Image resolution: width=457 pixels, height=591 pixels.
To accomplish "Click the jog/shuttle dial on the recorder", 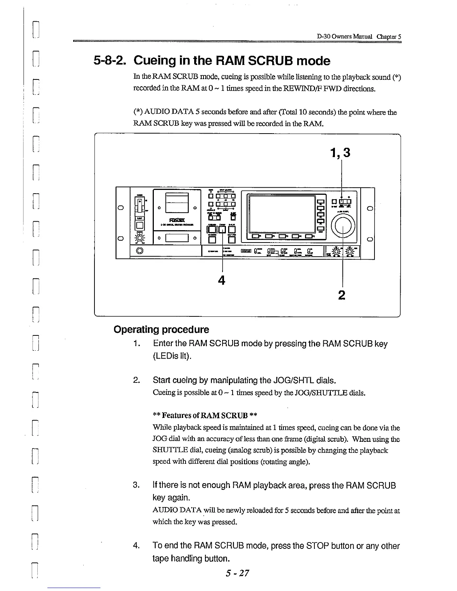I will (x=344, y=226).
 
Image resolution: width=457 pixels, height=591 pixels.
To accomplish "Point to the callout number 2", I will (x=341, y=295).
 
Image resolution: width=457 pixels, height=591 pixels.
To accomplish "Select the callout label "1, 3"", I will (x=340, y=153).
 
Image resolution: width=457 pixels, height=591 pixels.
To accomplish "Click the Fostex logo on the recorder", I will (x=175, y=220).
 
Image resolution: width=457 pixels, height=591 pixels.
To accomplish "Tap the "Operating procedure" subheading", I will (x=161, y=330).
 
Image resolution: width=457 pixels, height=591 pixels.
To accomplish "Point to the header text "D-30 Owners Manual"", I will (x=345, y=37).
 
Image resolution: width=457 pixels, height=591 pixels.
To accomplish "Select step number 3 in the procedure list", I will (x=136, y=485).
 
